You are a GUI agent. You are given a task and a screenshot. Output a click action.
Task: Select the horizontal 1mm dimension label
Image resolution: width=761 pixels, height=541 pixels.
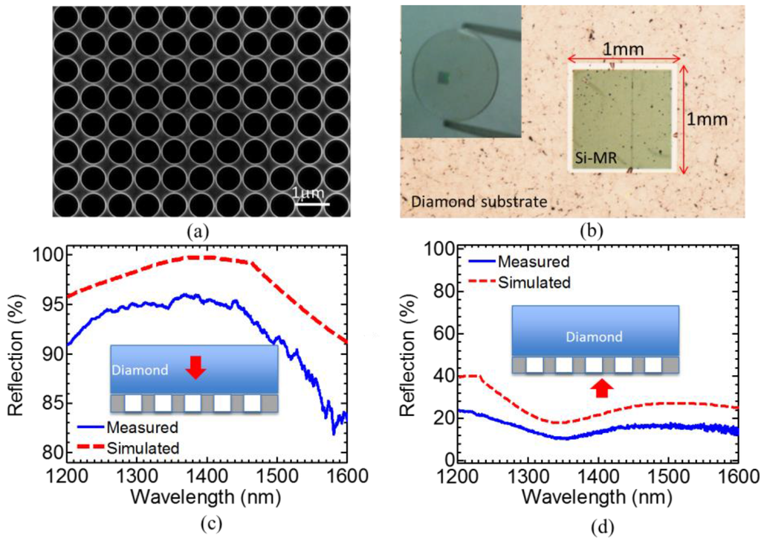pos(623,49)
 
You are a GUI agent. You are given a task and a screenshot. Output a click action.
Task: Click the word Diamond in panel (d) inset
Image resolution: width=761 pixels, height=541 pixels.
pos(595,337)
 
